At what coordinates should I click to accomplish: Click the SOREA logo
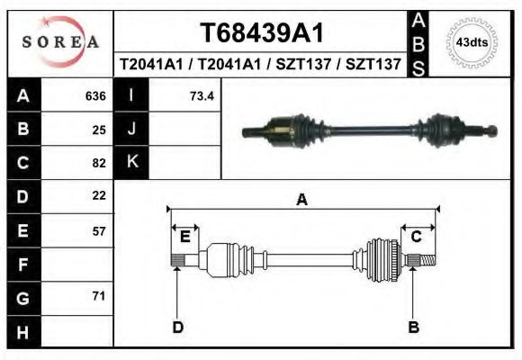(x=60, y=42)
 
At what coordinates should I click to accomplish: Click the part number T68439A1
(x=261, y=34)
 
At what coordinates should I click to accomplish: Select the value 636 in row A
(x=95, y=96)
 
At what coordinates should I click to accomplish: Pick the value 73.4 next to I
(x=202, y=96)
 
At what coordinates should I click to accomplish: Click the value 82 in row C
(x=99, y=163)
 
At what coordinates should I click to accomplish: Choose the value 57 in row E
(x=99, y=230)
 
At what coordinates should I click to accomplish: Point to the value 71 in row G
(x=99, y=296)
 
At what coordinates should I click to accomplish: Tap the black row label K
(x=131, y=162)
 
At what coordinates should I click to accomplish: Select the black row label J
(x=131, y=129)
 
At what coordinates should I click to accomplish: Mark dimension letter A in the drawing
(x=301, y=199)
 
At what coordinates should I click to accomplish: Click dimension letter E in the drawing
(x=184, y=236)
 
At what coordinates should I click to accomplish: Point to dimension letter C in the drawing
(x=417, y=236)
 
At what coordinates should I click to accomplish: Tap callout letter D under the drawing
(x=177, y=327)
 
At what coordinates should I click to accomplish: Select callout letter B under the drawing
(x=414, y=327)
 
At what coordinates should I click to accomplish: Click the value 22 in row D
(x=99, y=195)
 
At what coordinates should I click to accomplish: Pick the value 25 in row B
(x=99, y=130)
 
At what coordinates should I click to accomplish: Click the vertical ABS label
(x=418, y=42)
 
